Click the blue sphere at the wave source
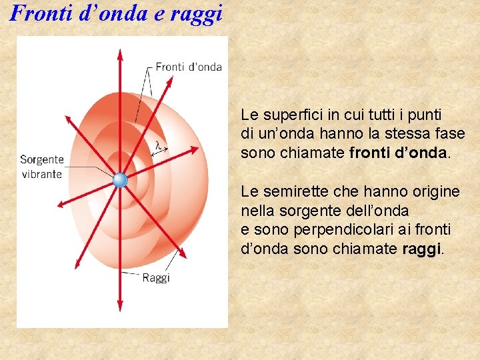coord(120,179)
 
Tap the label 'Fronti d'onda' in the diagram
coord(188,67)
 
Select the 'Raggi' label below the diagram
coord(156,277)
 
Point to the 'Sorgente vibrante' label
coord(41,167)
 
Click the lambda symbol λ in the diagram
coord(158,145)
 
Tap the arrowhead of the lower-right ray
coord(180,254)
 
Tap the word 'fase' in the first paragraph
coord(451,133)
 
